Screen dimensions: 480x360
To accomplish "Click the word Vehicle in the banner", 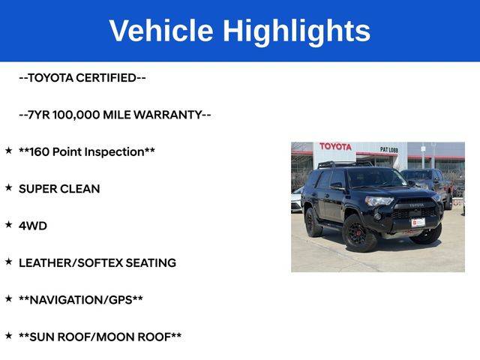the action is (x=161, y=30).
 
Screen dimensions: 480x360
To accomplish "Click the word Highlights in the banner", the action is (x=297, y=32).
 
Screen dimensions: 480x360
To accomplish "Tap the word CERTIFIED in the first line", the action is (x=106, y=78).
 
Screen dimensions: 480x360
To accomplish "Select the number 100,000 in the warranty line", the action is (x=76, y=115).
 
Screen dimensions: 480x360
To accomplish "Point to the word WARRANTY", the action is (x=168, y=115).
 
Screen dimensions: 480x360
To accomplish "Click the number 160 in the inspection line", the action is (x=40, y=151).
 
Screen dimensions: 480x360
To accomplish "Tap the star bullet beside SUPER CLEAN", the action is (x=8, y=187).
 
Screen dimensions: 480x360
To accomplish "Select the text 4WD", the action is (x=33, y=226).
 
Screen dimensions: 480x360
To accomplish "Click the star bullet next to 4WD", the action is (x=8, y=224).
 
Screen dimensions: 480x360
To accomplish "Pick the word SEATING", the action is (x=151, y=263).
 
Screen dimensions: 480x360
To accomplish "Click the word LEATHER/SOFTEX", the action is (x=71, y=263).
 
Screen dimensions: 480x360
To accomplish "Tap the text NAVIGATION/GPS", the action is (x=81, y=300).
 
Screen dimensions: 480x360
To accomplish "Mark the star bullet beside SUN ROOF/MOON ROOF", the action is (x=8, y=335).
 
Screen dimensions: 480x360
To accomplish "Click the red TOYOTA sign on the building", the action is (x=335, y=147).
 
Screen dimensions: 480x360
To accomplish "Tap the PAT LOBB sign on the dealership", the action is (x=388, y=150).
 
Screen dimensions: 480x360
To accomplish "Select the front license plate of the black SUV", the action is (x=418, y=223).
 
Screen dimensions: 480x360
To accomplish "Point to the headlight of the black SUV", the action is (x=379, y=201).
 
